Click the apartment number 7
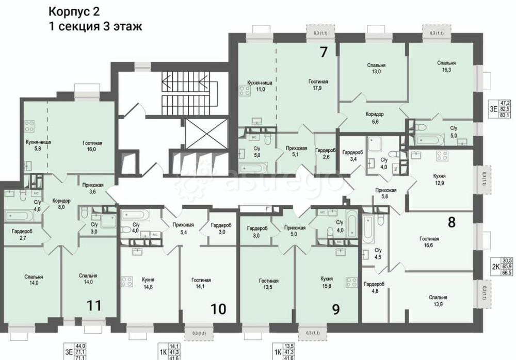click(324, 52)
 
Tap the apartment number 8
click(451, 222)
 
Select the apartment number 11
click(93, 305)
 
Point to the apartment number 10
click(218, 309)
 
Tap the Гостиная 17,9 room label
click(318, 85)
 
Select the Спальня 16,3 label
click(446, 67)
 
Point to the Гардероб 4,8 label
click(374, 287)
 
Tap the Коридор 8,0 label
click(61, 204)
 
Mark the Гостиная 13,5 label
click(268, 284)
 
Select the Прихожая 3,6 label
click(93, 188)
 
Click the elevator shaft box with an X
click(199, 134)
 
